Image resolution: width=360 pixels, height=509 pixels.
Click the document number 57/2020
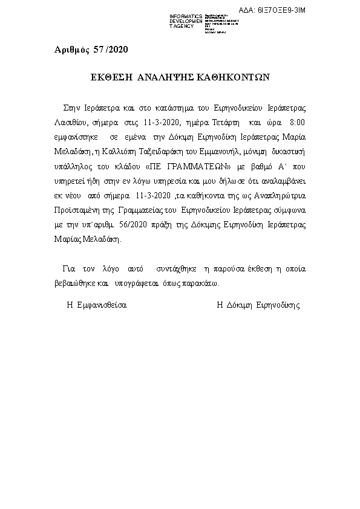[x=111, y=49]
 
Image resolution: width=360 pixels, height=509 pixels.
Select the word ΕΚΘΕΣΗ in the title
[x=111, y=78]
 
